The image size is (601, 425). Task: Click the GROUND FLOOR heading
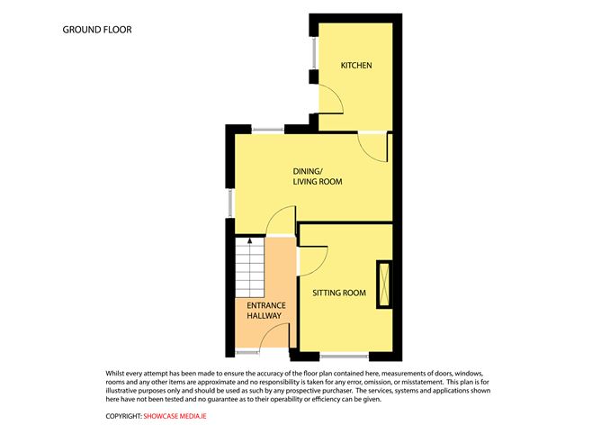[x=97, y=30]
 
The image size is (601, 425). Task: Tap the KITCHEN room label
[x=356, y=65]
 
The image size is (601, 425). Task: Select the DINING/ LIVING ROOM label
[x=318, y=176]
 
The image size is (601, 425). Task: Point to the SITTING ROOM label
[x=339, y=293]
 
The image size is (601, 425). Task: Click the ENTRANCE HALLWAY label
[x=266, y=311]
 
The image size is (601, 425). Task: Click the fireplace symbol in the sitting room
[x=383, y=285]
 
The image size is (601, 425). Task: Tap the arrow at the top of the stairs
[x=250, y=241]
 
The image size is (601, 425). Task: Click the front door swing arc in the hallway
[x=268, y=330]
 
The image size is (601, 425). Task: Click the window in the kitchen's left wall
[x=314, y=53]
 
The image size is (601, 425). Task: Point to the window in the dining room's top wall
[x=268, y=130]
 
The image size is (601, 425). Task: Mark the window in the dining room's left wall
[x=230, y=203]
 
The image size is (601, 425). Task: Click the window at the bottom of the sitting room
[x=345, y=357]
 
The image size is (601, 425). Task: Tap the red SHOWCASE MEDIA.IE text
[x=175, y=416]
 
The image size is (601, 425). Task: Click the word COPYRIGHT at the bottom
[x=124, y=416]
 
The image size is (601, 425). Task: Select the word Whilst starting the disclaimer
[x=114, y=373]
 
